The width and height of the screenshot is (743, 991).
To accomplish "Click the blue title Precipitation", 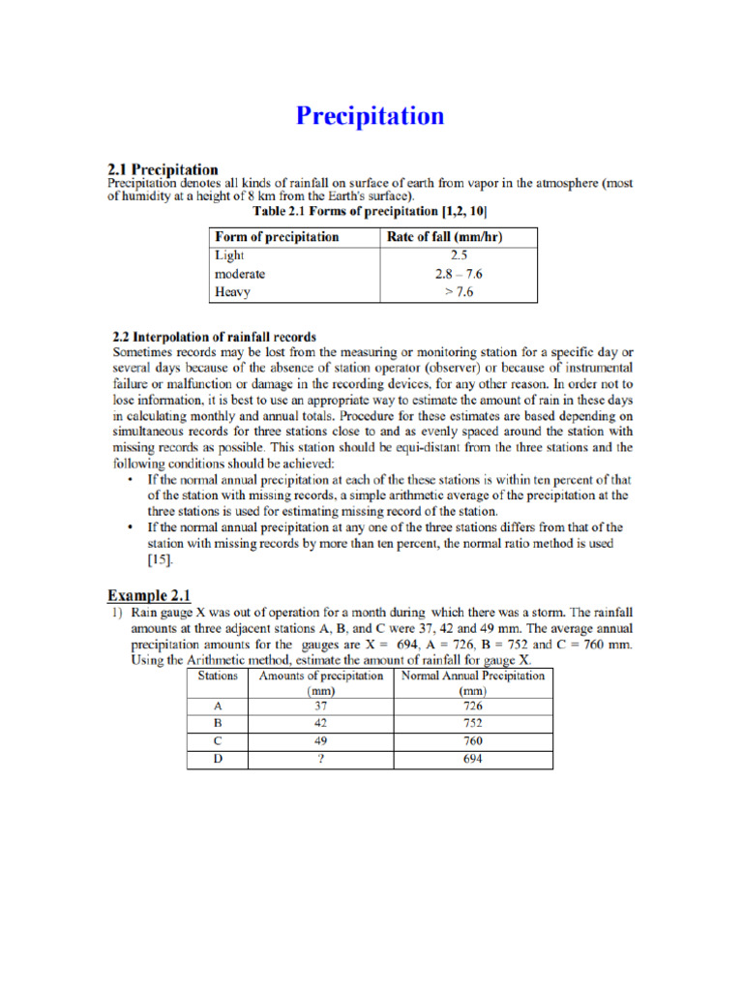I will pos(371,116).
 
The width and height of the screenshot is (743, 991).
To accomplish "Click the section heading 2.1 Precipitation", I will pos(162,170).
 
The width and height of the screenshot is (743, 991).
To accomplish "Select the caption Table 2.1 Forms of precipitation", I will pos(370,210).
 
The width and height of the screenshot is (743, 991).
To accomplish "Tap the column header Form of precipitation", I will pos(277,237).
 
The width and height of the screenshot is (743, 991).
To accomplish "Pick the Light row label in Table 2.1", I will pos(229,256).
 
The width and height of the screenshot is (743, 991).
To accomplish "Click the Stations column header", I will pos(218,676).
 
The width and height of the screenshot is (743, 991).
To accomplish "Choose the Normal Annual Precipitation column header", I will pos(472,683).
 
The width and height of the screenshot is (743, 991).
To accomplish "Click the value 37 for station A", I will pos(320,706).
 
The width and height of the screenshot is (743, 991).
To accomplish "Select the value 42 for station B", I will pos(320,724).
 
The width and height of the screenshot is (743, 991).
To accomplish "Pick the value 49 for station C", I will pos(320,741).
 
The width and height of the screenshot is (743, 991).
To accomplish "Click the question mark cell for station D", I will pos(320,759).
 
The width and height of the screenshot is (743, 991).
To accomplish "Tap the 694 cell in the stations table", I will pos(472,759).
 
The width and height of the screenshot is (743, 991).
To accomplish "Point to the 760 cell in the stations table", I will pos(472,741).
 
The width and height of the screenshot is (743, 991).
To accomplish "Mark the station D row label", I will pos(218,759).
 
